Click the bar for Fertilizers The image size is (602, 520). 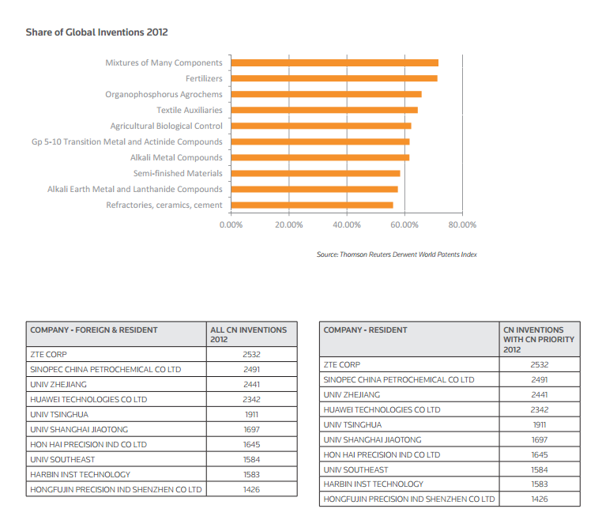333,78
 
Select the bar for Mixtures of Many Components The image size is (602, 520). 334,62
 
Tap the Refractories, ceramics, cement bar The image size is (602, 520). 311,205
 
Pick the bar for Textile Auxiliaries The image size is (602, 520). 324,110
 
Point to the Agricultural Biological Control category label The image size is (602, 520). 166,126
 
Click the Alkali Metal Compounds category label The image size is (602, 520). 176,157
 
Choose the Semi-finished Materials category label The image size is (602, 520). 178,173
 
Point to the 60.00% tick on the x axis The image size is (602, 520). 404,224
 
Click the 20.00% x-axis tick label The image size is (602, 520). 288,224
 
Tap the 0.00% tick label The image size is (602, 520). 231,224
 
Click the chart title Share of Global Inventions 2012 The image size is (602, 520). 96,32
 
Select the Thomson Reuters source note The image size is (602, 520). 397,254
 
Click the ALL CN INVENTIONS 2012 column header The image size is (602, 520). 248,334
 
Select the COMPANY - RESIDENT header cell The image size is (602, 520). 365,330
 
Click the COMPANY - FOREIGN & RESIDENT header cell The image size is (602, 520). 94,330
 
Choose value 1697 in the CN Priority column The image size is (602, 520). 540,439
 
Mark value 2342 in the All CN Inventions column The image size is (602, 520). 251,399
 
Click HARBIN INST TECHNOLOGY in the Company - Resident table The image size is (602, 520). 374,484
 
